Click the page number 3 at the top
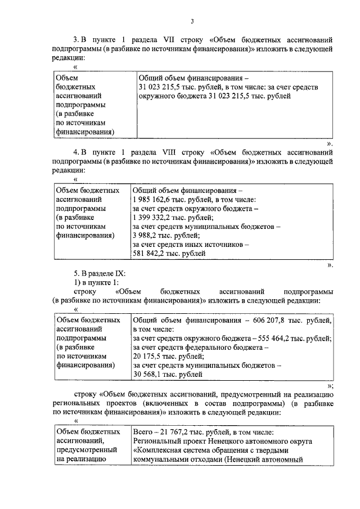(192, 22)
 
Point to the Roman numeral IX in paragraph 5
(120, 273)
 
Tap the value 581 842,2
(149, 253)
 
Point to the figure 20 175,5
(147, 356)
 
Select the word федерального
(229, 347)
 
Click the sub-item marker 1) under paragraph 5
(78, 282)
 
